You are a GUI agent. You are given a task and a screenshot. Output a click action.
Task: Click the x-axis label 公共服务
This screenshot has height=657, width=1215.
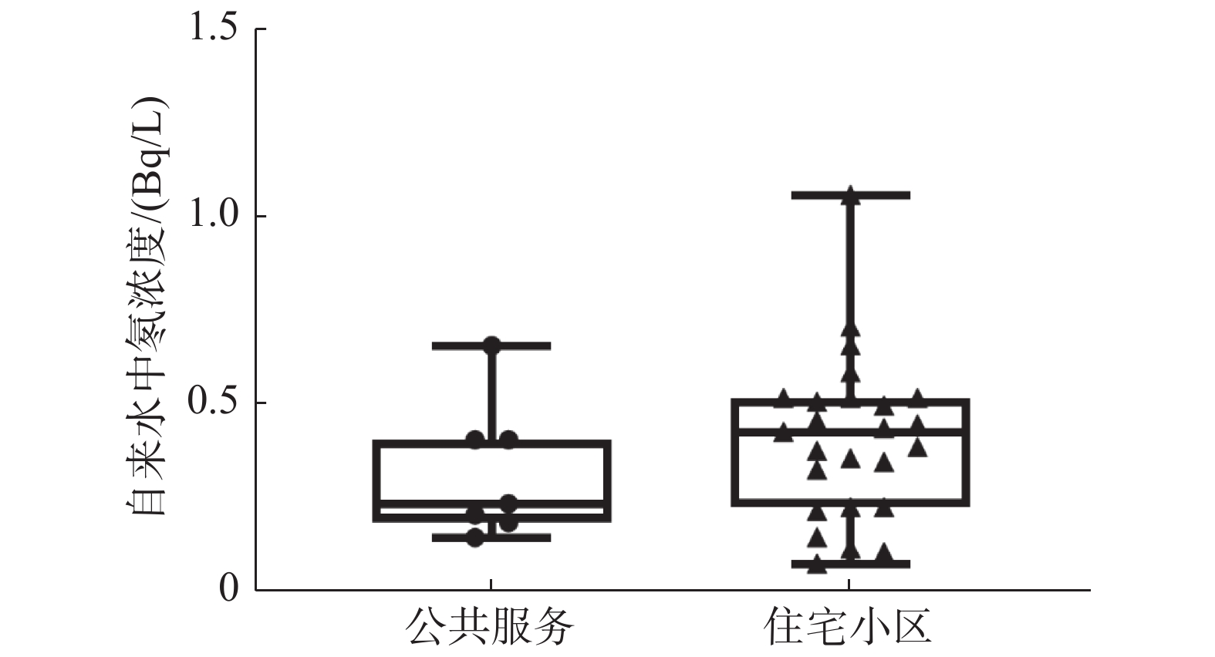click(491, 628)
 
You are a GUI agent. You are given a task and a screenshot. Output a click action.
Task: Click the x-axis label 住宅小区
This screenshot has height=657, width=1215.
click(849, 628)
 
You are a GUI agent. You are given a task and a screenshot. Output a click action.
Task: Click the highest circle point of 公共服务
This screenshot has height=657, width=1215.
click(491, 345)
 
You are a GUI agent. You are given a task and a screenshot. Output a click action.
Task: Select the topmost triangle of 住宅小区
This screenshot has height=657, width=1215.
click(850, 194)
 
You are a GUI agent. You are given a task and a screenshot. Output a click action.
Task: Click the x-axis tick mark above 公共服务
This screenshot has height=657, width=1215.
click(491, 584)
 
